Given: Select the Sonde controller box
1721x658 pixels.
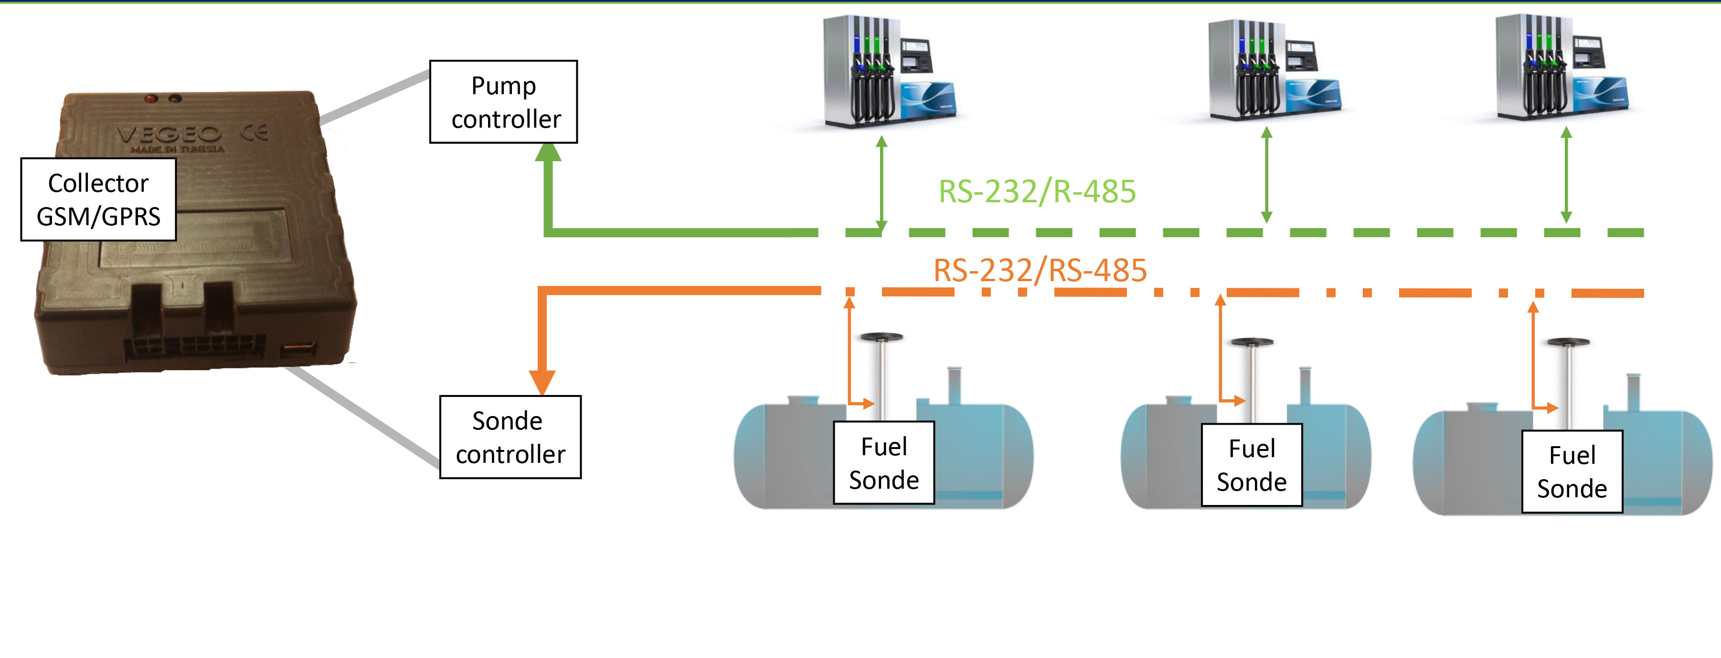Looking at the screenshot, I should [510, 438].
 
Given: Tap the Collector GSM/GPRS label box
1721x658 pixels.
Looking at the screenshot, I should [98, 199].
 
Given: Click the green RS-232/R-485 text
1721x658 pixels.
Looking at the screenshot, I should [1037, 192].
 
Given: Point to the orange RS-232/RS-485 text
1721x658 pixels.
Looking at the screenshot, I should [1040, 271].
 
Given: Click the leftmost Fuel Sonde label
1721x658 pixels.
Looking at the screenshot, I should [884, 463].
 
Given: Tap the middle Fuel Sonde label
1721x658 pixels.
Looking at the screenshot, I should [1251, 465].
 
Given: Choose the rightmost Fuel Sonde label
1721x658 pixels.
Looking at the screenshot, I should [1572, 472].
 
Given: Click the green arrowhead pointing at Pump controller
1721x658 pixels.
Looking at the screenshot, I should [548, 153].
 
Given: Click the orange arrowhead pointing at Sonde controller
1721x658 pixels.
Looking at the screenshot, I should [542, 383].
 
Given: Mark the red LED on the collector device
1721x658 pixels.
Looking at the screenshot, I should [151, 99].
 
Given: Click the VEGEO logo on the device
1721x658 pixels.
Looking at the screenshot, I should [169, 134].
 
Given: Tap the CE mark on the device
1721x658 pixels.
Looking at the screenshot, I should [255, 132].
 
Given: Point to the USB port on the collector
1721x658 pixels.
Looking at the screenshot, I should [297, 349].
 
